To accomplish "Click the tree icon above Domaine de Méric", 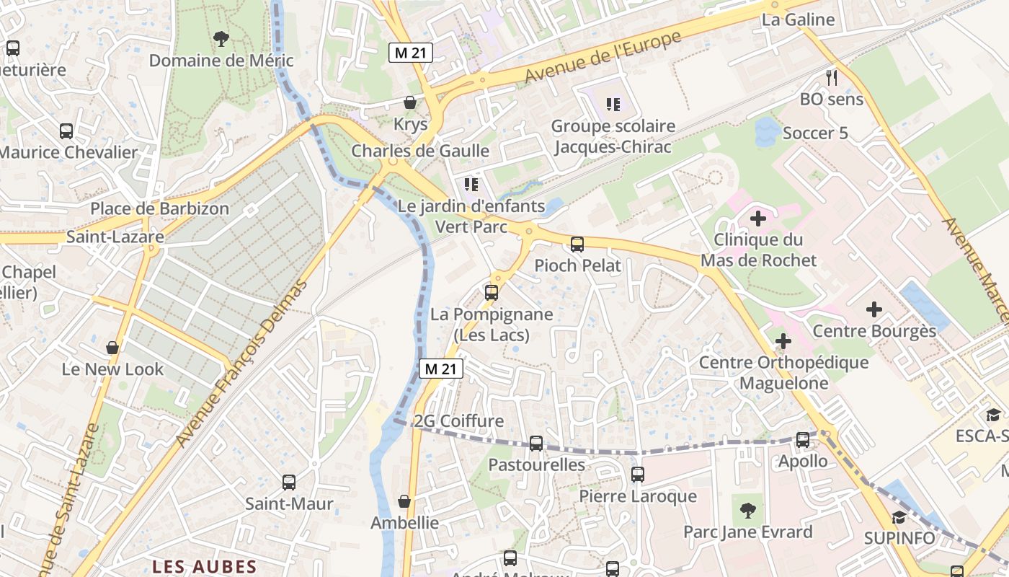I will pos(221,38).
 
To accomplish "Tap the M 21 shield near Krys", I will pos(411,53).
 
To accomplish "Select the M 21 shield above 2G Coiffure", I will pos(441,369).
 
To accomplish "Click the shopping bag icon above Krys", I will pos(410,102).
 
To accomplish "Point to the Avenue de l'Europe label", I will pos(603,57).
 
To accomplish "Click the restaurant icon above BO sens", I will pos(832,77).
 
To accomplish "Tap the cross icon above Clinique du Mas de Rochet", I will pos(758,217).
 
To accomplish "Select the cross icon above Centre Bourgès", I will pos(874,310).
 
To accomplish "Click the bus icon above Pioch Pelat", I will pos(577,244).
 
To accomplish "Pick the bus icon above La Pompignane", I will pos(492,293).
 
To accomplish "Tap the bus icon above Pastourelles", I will pos(536,443).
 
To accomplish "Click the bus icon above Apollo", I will pos(803,439).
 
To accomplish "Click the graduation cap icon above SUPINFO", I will pos(899,517).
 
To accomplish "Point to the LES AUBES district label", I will pos(204,566).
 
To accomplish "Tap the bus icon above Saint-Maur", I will pos(289,482).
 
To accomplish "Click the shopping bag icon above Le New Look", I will pos(112,348).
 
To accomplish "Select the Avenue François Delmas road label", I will pos(242,362).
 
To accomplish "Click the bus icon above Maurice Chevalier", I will pos(66,131).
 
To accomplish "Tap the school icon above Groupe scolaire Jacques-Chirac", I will pos(613,105).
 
